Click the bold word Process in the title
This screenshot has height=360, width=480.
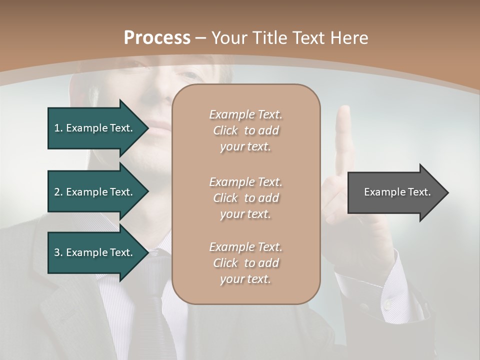tap(157, 38)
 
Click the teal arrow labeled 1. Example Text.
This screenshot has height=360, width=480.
tap(95, 128)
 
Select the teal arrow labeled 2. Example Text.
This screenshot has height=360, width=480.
tap(95, 192)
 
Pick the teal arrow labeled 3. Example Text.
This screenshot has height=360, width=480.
tap(95, 252)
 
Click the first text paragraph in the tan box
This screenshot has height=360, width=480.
tap(245, 130)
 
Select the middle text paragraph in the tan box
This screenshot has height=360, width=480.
tap(245, 198)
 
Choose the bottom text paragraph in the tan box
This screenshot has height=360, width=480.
tap(245, 263)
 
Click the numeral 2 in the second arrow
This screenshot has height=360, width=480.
tap(57, 192)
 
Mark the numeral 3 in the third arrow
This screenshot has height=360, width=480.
tap(57, 252)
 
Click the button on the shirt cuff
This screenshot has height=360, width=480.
tap(387, 304)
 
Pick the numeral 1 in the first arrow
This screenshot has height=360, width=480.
tap(57, 128)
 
